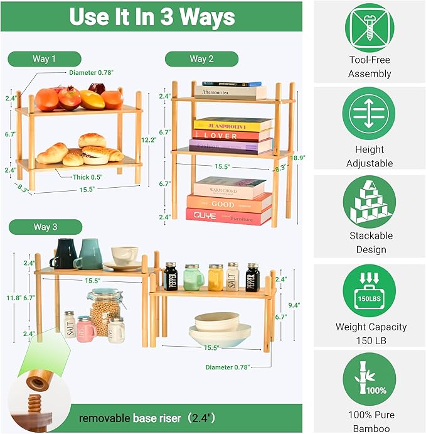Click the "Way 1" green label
[x=45, y=59]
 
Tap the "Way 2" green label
[x=201, y=59]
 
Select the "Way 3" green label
[x=45, y=227]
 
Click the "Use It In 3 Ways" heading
[x=152, y=17]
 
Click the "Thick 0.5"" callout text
[x=87, y=177]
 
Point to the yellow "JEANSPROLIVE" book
[x=232, y=124]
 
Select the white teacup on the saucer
[x=124, y=255]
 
